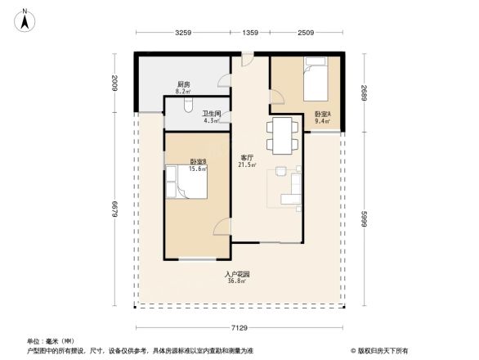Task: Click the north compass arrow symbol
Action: (25, 20)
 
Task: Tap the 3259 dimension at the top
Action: (183, 34)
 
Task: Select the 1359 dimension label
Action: (250, 34)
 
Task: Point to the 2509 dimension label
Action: (306, 34)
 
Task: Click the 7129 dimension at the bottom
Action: (238, 327)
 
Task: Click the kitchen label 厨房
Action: (184, 86)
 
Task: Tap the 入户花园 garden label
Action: (237, 276)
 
